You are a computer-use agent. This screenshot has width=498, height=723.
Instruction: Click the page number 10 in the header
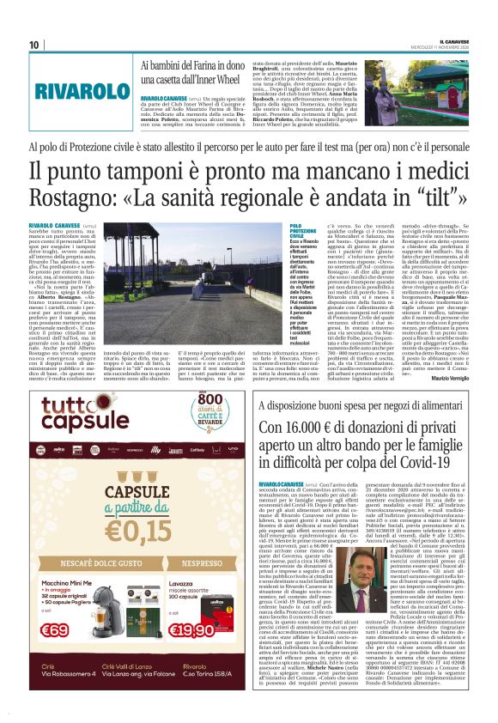(35, 44)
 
